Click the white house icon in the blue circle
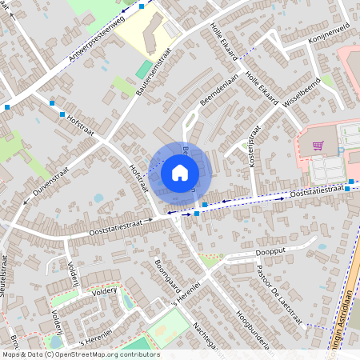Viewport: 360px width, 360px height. pos(180,172)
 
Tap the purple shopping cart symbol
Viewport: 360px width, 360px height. pos(318,146)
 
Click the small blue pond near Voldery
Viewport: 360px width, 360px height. pos(98,198)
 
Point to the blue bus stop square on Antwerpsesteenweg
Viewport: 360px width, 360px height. pos(142,6)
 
